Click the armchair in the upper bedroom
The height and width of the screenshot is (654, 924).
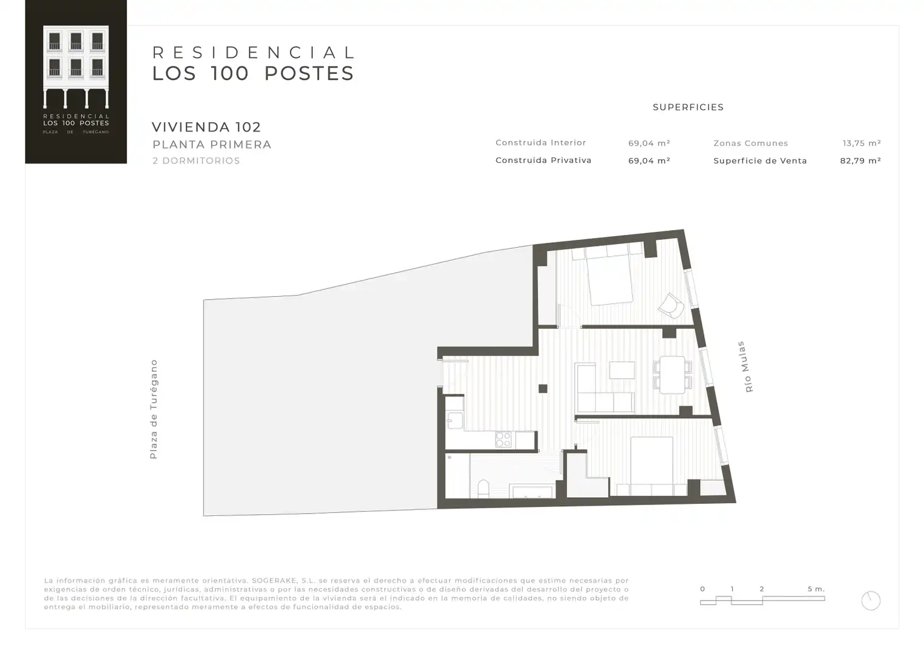(670, 306)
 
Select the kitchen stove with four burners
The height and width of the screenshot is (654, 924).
(503, 439)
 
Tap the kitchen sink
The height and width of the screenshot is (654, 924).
(454, 420)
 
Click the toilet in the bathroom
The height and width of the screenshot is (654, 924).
(483, 489)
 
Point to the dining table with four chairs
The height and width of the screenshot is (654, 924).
(672, 374)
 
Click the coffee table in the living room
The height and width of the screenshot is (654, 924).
(622, 370)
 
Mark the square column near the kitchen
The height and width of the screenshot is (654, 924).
(543, 389)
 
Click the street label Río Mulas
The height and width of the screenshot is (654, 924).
(745, 366)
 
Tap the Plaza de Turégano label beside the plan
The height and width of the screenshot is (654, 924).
(154, 409)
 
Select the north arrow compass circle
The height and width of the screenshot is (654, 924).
(871, 601)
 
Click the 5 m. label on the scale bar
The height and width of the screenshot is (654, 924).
(816, 589)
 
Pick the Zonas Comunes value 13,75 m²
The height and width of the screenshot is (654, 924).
(862, 143)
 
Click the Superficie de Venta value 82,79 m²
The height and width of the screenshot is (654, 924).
(860, 160)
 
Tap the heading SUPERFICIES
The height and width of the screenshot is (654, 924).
(688, 107)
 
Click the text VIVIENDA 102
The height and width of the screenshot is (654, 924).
(206, 127)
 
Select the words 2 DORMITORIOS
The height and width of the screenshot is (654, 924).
(196, 160)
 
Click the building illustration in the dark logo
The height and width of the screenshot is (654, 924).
(76, 67)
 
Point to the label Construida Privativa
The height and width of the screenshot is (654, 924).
(543, 160)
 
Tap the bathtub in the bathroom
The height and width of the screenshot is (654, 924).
(532, 492)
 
